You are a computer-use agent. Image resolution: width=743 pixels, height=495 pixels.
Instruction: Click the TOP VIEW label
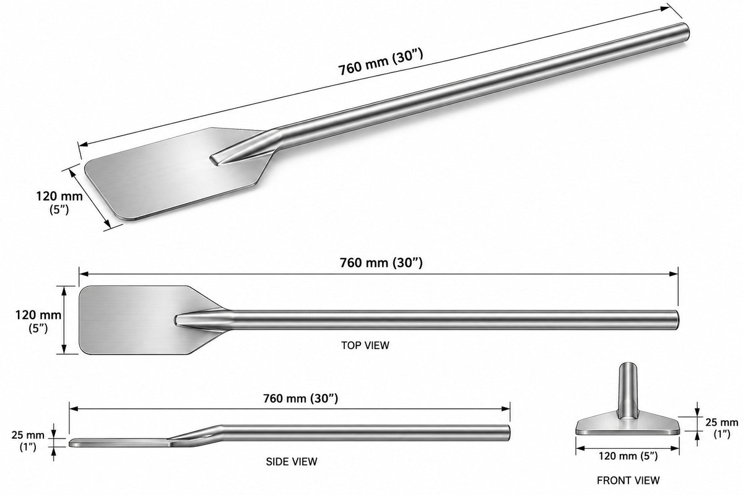(x=365, y=345)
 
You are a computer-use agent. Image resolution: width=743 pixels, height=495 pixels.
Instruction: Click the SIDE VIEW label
(x=292, y=462)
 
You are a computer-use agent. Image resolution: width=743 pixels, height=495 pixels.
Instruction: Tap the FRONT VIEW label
(x=628, y=480)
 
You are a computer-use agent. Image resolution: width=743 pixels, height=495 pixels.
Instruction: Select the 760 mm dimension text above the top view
(x=381, y=263)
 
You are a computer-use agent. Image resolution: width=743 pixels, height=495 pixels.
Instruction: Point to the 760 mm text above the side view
(x=300, y=398)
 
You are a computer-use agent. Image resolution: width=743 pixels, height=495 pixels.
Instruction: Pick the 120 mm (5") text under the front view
(x=628, y=456)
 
